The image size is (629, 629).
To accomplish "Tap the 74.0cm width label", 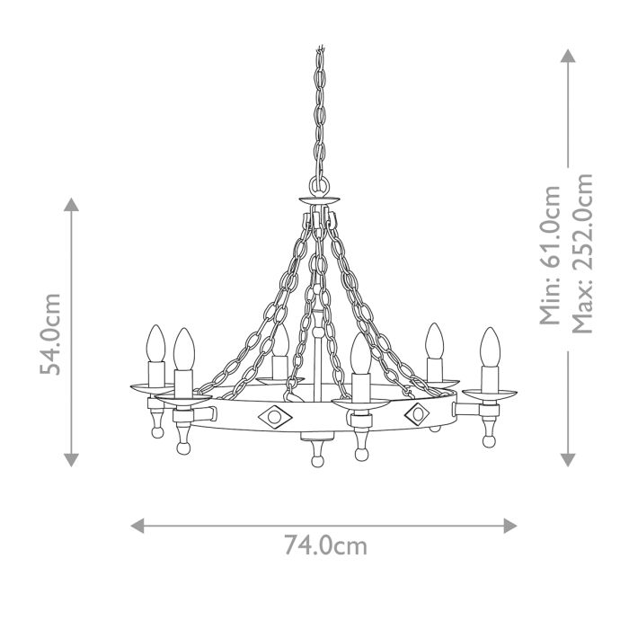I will (x=325, y=545).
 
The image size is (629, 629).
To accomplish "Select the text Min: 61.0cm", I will (x=551, y=254).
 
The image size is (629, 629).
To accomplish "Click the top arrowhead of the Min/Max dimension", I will (x=568, y=56).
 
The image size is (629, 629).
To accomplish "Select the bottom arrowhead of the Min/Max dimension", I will (x=568, y=460).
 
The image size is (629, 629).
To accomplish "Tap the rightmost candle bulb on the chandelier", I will (x=489, y=347).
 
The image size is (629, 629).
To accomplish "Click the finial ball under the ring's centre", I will (x=316, y=461).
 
